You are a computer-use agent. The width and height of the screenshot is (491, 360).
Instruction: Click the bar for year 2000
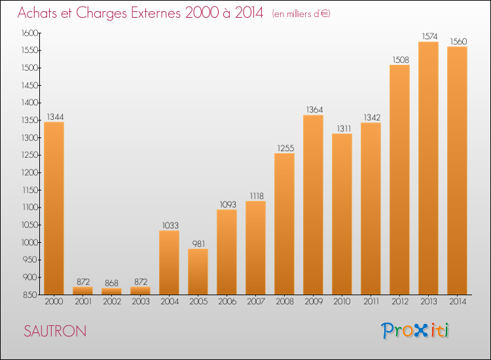pos(54,208)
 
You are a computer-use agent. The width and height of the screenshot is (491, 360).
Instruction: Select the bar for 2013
pos(428,168)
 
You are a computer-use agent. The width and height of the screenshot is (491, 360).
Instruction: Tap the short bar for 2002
pos(111,291)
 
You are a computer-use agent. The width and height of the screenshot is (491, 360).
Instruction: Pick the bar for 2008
pos(284,224)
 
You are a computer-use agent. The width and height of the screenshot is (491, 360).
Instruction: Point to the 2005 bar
pos(198,272)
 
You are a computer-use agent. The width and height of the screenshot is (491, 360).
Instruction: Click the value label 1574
pos(429,36)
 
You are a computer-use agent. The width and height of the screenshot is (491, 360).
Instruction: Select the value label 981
pos(198,243)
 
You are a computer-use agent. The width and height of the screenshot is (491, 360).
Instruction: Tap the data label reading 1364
pos(314,109)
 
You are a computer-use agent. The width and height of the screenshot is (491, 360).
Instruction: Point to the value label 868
pos(111,283)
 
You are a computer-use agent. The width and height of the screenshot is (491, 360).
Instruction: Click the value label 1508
pos(401,60)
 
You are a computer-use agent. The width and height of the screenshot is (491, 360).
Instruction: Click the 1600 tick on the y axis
pos(29,33)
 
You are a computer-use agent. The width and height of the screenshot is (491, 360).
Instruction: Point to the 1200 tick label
pos(29,173)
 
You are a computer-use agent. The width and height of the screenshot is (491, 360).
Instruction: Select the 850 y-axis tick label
pos(30,295)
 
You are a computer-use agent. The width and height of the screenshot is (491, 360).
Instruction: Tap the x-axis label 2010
pos(342,302)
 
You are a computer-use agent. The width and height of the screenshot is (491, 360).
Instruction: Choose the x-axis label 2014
pos(458,302)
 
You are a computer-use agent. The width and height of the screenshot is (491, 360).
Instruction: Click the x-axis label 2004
pos(170,302)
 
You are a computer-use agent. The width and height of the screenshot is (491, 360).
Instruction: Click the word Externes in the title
pos(156,13)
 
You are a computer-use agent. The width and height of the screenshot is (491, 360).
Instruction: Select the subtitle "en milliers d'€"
pos(301,14)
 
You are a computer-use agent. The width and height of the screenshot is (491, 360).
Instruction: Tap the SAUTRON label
pos(55,331)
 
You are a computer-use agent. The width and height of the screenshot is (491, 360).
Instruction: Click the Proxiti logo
pos(414,331)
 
